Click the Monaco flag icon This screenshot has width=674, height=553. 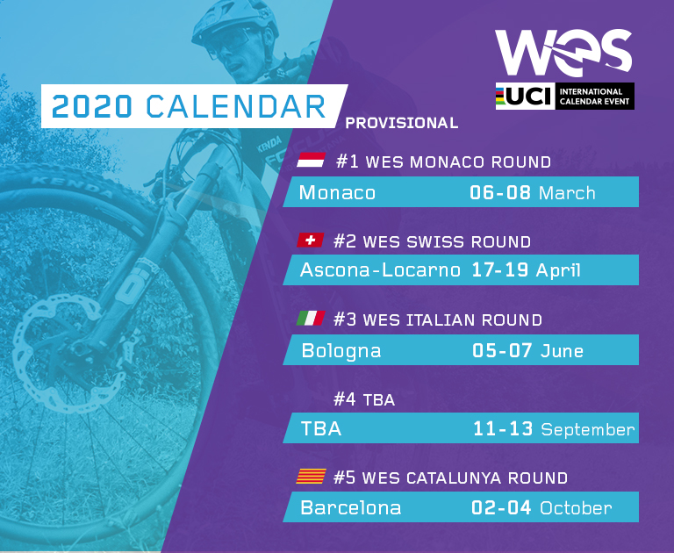[x=311, y=161]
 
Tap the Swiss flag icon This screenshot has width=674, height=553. [x=311, y=241]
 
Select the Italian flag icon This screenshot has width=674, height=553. [x=311, y=319]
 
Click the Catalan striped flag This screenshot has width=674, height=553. [x=311, y=478]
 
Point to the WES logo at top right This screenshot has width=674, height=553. [x=563, y=53]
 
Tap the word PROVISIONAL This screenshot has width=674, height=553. [x=402, y=123]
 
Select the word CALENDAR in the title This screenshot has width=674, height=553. [x=235, y=106]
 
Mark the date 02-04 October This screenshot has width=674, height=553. [x=541, y=507]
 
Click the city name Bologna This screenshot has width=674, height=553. [x=341, y=351]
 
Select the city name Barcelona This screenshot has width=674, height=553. [x=350, y=507]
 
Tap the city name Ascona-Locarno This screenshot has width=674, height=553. [x=380, y=270]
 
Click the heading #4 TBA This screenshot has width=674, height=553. [x=364, y=400]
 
